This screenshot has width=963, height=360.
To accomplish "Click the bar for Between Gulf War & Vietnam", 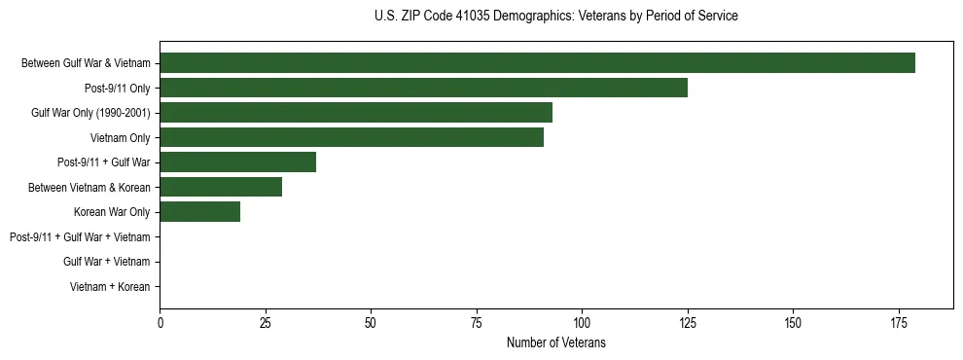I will coord(537,63).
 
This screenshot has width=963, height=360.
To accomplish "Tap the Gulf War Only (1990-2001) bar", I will coord(356,113).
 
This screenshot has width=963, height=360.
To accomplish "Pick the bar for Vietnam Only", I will coord(351,137).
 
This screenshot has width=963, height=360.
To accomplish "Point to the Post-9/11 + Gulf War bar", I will coord(237,162).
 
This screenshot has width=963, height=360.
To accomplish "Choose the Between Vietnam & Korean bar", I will coord(221,187).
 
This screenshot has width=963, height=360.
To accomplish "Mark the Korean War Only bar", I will coord(199,212).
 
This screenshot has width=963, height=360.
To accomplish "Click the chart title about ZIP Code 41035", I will coord(555,17).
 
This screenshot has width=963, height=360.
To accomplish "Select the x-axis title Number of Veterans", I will coord(555,342).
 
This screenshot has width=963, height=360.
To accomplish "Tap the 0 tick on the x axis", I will coord(160,322).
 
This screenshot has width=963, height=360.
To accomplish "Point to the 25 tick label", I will coord(265,322).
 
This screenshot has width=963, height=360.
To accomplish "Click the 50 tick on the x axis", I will coord(371,322).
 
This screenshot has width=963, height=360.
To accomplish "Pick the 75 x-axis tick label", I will coord(476,322).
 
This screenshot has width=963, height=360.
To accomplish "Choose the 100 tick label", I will coord(582,322).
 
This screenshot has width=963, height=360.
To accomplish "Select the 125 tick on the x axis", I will coord(687,322).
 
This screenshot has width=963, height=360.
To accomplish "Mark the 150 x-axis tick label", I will coord(793,322).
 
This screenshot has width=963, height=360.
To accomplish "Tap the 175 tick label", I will coord(898,322).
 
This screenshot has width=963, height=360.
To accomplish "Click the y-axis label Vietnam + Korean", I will coord(110,287).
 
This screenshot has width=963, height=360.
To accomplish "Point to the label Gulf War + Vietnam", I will coord(107,262).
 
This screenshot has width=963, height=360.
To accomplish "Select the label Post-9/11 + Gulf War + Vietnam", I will coord(80,237).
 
